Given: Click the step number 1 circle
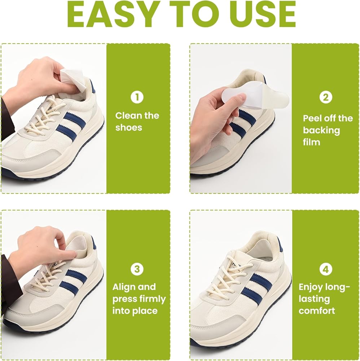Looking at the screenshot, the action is pyautogui.click(x=137, y=97).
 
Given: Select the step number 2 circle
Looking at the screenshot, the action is pyautogui.click(x=326, y=97).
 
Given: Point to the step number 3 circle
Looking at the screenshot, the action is pyautogui.click(x=137, y=269).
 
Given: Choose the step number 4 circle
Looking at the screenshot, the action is pyautogui.click(x=326, y=269).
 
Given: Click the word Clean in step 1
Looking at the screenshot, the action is pyautogui.click(x=128, y=116).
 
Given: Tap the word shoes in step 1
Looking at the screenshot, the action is pyautogui.click(x=128, y=127).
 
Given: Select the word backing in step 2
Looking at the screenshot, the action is pyautogui.click(x=321, y=131).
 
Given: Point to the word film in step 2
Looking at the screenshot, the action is pyautogui.click(x=311, y=142).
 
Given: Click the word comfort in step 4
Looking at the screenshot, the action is pyautogui.click(x=317, y=311).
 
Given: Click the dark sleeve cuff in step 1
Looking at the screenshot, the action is pyautogui.click(x=7, y=120).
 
